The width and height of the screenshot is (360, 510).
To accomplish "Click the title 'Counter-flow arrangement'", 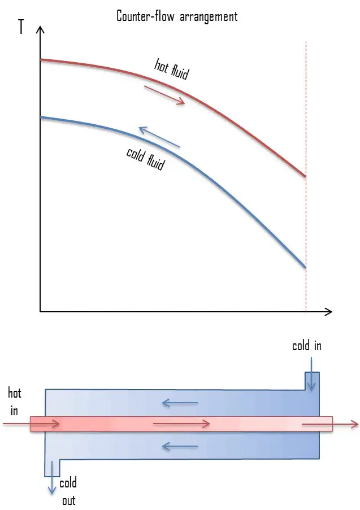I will [x=177, y=16].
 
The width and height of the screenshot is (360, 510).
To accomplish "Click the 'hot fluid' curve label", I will [x=171, y=68].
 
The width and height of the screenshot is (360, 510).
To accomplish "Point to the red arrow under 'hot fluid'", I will [x=164, y=95].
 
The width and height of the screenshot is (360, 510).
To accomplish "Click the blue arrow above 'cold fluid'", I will [x=159, y=138].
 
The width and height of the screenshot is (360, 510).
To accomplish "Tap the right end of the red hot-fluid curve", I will [x=305, y=176].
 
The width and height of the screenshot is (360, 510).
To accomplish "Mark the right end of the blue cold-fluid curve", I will [x=305, y=267].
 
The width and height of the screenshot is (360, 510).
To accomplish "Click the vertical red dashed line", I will [x=306, y=113].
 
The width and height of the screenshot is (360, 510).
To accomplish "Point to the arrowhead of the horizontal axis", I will [x=328, y=311].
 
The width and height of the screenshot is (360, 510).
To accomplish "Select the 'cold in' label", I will [x=306, y=345].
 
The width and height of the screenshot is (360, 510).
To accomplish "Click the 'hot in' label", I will [x=14, y=402].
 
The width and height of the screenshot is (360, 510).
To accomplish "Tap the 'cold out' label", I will [x=68, y=491].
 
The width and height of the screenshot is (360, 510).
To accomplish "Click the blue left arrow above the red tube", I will [x=179, y=403].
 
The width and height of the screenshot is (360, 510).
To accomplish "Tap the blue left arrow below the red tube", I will [x=179, y=446].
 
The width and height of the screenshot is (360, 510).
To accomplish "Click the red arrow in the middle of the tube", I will [x=181, y=424].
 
